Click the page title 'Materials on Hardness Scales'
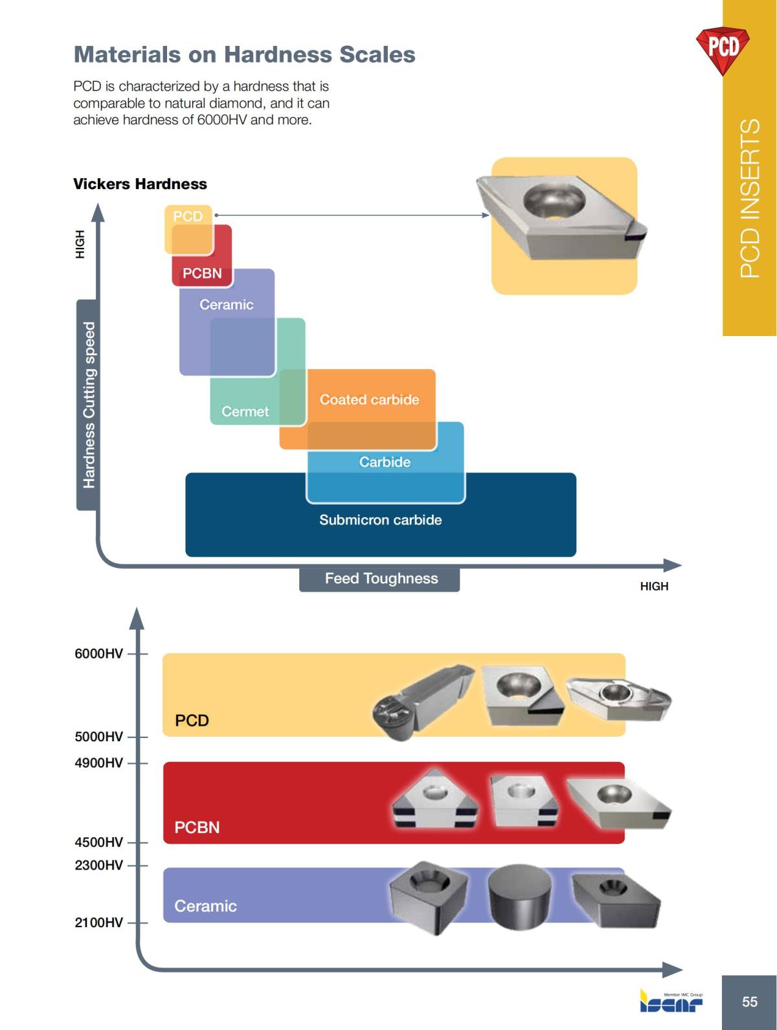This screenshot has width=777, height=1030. (244, 54)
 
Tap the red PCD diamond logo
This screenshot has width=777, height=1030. (723, 48)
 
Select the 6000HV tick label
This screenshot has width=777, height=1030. (98, 653)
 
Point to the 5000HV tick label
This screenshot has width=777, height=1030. (98, 737)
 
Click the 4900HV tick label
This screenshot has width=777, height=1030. (98, 763)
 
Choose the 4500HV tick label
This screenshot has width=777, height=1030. (98, 842)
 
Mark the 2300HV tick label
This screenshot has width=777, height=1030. (98, 865)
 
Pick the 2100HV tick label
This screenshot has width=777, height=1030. (98, 923)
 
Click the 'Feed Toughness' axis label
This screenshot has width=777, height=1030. (381, 579)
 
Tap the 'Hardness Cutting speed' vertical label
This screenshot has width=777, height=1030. (88, 405)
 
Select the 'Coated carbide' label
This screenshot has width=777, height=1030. (369, 399)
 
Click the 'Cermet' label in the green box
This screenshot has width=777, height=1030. (245, 411)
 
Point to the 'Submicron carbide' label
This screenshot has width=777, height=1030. (380, 520)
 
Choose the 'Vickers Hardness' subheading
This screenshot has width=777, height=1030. (140, 184)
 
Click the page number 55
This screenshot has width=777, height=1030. (749, 1002)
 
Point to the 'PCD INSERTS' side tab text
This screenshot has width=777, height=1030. (750, 199)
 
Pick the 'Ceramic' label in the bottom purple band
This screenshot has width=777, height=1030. (205, 906)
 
